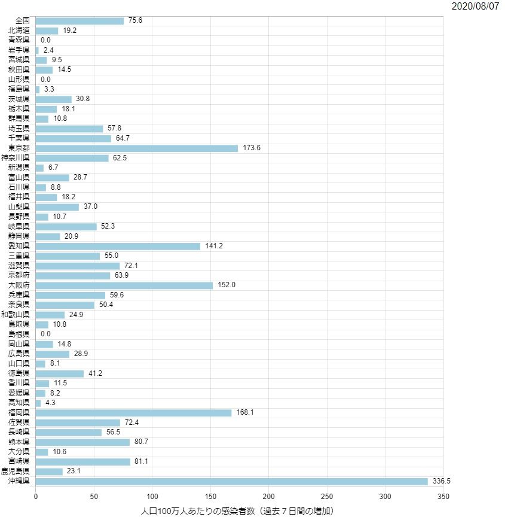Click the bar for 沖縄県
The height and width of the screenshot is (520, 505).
coord(232,482)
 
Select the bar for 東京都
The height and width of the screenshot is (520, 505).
coord(137,148)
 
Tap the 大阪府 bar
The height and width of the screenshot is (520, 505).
coord(124,285)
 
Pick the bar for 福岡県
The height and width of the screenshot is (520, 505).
coord(134,413)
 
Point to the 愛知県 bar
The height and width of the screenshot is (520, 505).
coord(118,246)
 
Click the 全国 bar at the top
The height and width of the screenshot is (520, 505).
coord(79,21)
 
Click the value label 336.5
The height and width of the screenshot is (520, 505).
coord(442,482)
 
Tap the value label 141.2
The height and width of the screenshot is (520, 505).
coord(214,246)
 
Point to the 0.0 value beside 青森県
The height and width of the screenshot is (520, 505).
coord(45,40)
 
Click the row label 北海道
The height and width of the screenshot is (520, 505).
coord(20,31)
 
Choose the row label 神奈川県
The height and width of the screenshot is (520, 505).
coord(16,158)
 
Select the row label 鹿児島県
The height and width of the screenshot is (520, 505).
coord(16,472)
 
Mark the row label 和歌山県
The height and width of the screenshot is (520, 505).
coord(16,315)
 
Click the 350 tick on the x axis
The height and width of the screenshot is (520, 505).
coord(443,497)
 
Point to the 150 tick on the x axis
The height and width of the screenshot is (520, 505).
coord(210,497)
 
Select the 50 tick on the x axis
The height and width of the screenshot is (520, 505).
coord(94,497)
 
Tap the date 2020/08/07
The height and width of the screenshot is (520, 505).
coord(476,6)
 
